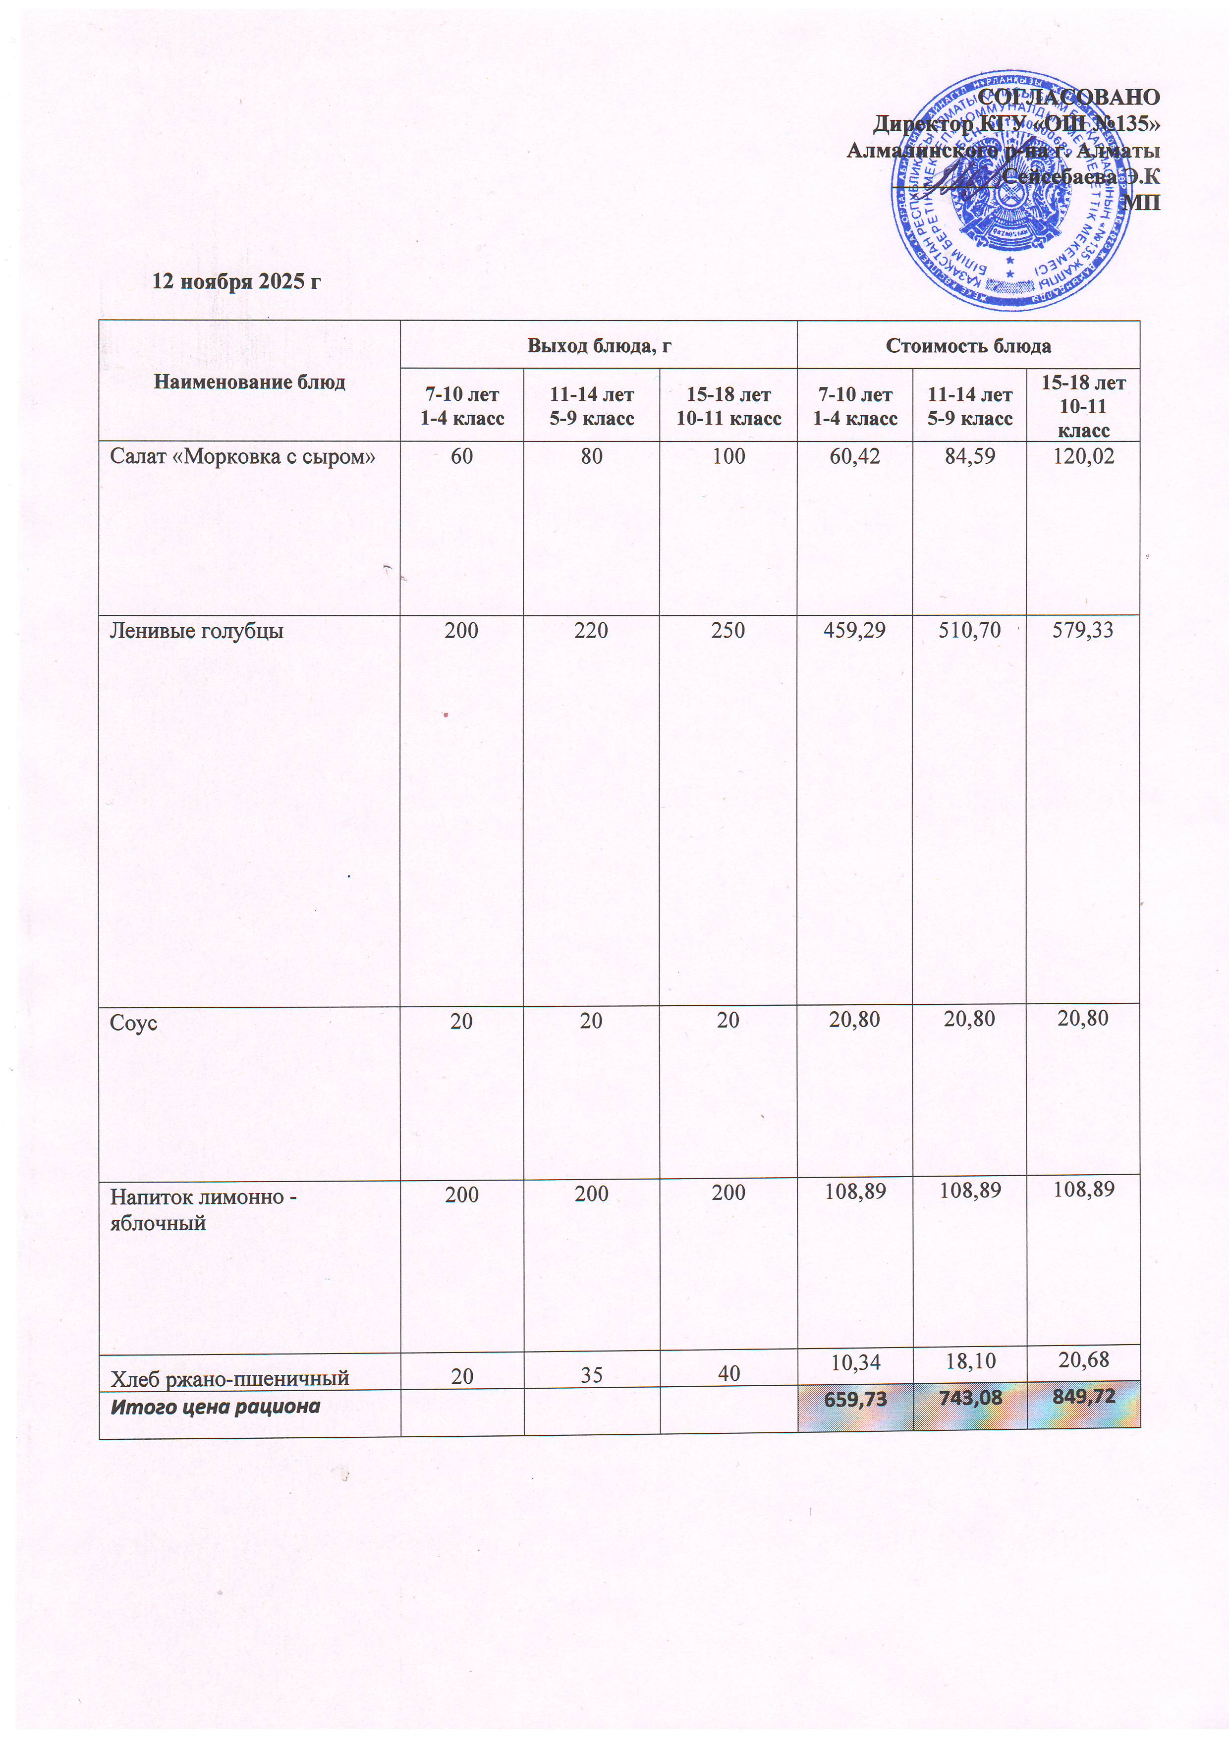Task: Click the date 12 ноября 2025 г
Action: pyautogui.click(x=236, y=281)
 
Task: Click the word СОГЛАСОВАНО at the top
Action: pyautogui.click(x=1068, y=97)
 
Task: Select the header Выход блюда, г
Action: pyautogui.click(x=599, y=346)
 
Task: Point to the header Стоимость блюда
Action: pyautogui.click(x=968, y=346)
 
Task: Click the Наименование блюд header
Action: pyautogui.click(x=249, y=381)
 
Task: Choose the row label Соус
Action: pyautogui.click(x=133, y=1023)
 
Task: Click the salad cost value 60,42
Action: pyautogui.click(x=855, y=456)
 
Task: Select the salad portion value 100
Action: pyautogui.click(x=728, y=456)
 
